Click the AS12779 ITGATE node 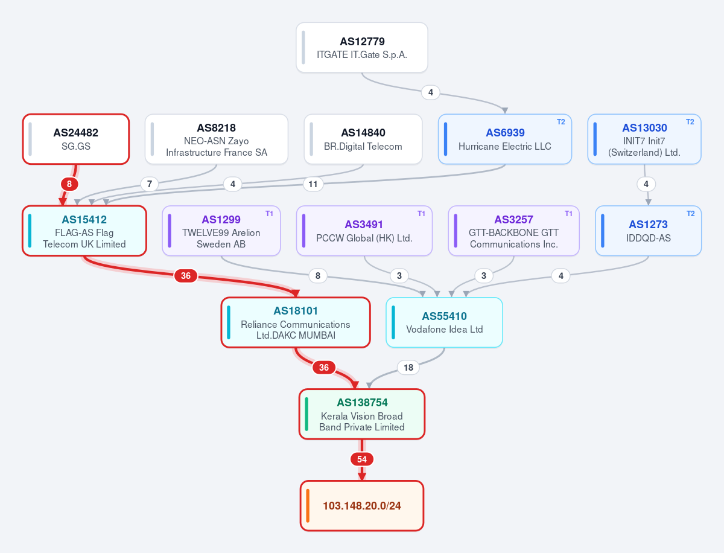point(362,48)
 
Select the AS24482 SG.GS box point(76,139)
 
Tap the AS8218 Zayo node point(217,139)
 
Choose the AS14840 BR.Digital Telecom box point(363,139)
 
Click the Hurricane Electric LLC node point(504,139)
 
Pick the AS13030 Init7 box point(644,139)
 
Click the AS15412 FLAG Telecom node point(84,231)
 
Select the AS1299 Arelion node point(221,231)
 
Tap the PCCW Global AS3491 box point(364,231)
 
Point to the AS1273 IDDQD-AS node point(648,231)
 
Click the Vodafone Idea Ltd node point(444,322)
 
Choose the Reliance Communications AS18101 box point(296,322)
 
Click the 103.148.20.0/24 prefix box point(362,506)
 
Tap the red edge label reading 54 point(362,459)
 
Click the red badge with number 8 point(69,184)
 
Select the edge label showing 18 point(408,367)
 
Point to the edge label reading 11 point(313,184)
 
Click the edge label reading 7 point(150,184)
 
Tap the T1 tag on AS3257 point(568,214)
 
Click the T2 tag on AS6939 point(560,122)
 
